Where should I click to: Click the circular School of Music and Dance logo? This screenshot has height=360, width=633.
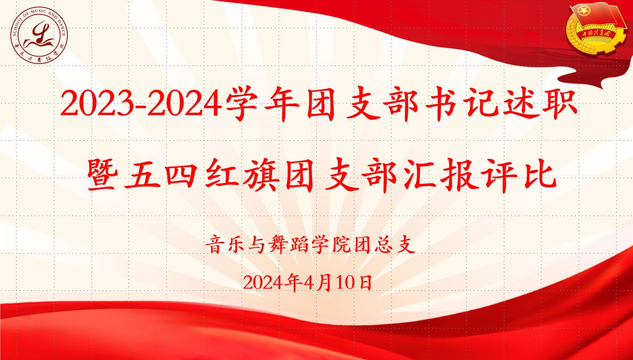click(x=39, y=35)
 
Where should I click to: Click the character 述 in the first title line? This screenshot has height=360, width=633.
click(x=521, y=104)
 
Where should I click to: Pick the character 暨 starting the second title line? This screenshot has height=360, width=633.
click(x=102, y=174)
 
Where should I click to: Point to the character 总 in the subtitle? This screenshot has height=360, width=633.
click(x=384, y=244)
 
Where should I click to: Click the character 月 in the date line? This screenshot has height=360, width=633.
click(x=324, y=282)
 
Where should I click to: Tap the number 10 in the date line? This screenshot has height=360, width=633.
click(x=346, y=282)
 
